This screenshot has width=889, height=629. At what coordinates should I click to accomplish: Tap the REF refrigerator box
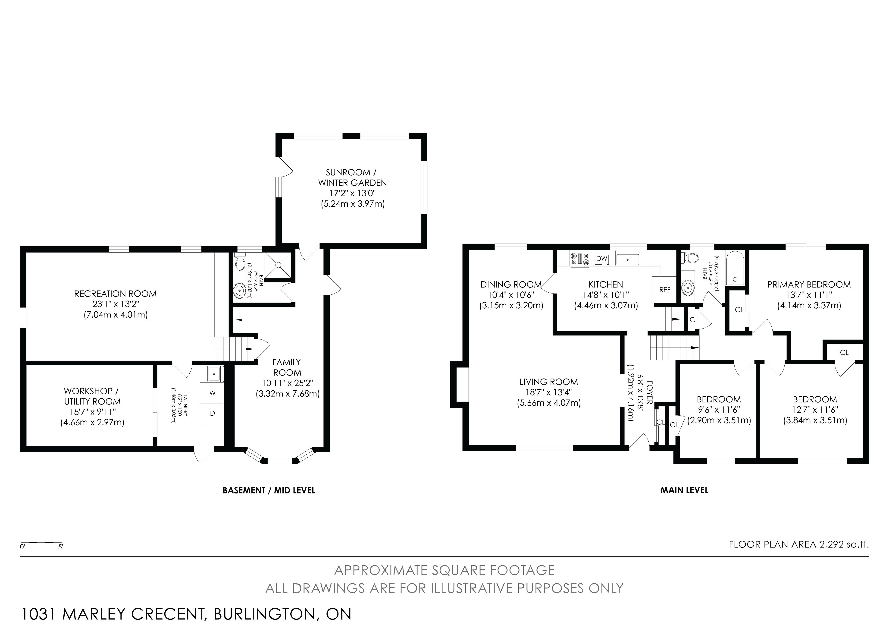(665, 290)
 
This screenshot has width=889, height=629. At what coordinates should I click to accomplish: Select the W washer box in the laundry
(212, 393)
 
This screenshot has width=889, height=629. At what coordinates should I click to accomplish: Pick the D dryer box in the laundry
(212, 413)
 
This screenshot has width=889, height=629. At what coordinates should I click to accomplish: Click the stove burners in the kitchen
(580, 259)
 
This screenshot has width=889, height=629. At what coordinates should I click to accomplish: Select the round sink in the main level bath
(688, 288)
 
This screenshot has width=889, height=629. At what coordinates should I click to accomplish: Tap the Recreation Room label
(115, 294)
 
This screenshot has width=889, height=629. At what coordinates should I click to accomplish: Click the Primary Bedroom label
(809, 284)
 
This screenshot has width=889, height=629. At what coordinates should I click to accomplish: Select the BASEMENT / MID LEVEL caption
(269, 490)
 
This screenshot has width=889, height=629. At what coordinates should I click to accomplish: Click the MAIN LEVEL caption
(685, 490)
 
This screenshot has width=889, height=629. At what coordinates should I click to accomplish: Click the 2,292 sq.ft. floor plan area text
(844, 544)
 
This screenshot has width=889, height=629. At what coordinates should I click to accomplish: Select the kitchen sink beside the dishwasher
(628, 259)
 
